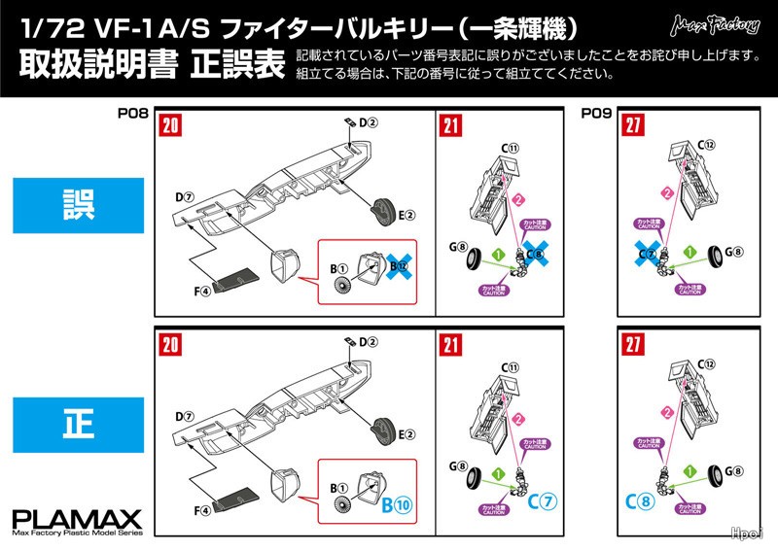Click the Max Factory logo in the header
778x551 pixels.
(720, 20)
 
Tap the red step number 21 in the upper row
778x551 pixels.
(451, 125)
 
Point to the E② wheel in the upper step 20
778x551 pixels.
(382, 211)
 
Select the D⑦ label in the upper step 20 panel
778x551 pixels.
(183, 198)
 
